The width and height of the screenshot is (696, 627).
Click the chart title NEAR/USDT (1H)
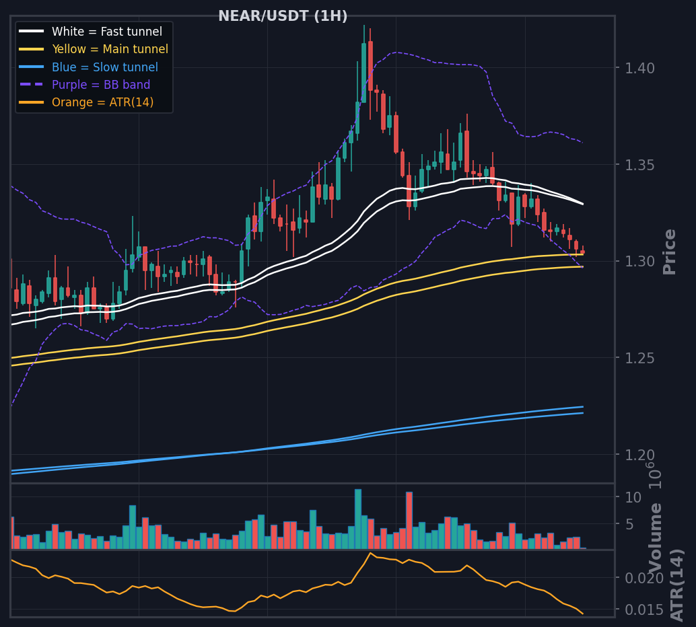pos(283,16)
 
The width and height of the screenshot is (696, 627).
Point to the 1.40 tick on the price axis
pos(639,69)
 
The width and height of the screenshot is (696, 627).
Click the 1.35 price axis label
pos(639,165)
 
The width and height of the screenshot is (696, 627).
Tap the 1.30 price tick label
pos(639,261)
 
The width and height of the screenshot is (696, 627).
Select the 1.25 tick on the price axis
pos(639,358)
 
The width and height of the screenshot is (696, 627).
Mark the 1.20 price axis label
pos(639,455)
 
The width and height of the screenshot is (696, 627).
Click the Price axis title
pos(669,252)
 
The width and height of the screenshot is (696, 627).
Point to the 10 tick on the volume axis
pos(633,497)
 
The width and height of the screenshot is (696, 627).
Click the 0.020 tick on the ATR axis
pos(644,578)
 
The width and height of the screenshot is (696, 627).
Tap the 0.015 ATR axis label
pos(644,610)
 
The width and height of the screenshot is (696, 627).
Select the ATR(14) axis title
pos(677,585)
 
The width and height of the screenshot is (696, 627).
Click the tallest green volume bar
pos(358,519)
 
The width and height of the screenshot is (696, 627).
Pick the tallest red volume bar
pos(409,521)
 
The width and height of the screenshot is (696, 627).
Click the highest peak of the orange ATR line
pos(370,553)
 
